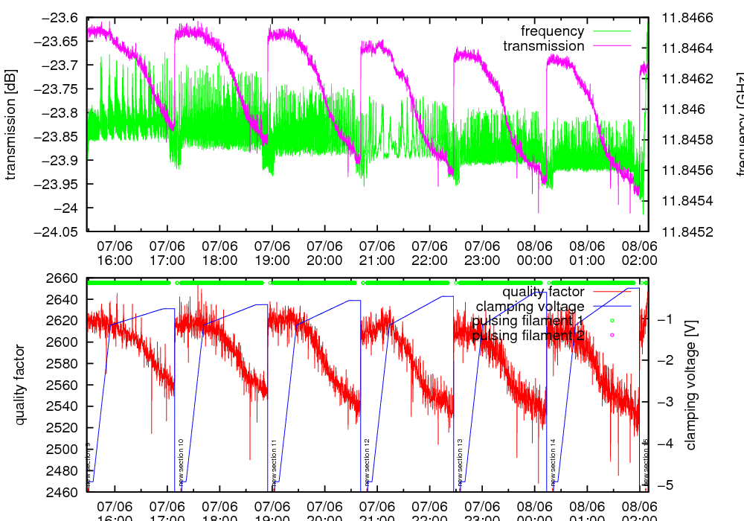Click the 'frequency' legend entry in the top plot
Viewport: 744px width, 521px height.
[553, 31]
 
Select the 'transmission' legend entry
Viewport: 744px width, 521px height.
[544, 46]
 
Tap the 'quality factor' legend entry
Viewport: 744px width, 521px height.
[543, 292]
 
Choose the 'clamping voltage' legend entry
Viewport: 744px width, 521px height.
[530, 307]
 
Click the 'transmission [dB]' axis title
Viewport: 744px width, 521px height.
[10, 125]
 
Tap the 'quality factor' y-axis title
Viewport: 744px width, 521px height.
[20, 385]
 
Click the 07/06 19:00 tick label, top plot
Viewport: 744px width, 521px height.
[272, 253]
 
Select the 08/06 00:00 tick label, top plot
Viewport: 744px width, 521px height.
[534, 253]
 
